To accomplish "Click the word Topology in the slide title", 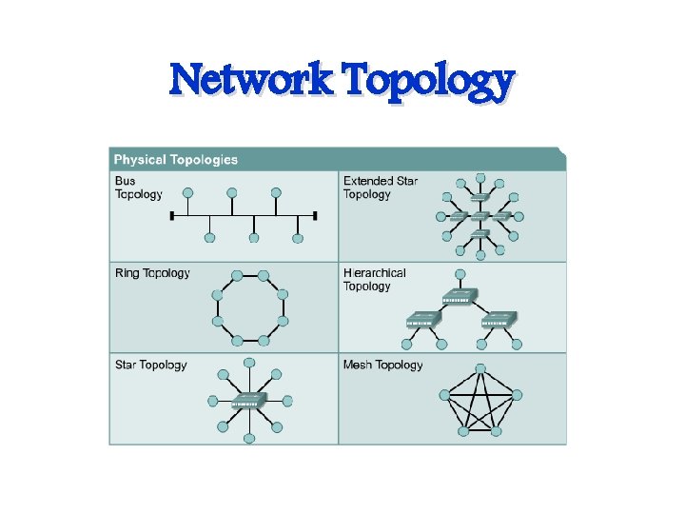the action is click(429, 82).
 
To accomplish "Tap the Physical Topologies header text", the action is click(176, 159).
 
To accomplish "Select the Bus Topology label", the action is click(139, 188).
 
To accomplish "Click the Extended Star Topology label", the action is click(380, 188).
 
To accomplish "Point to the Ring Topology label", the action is click(152, 273).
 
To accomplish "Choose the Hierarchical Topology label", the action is click(374, 279).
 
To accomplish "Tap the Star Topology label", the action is click(150, 365).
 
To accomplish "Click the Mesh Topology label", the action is click(382, 365).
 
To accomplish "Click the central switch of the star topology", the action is click(249, 400).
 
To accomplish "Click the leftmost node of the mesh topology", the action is click(444, 394).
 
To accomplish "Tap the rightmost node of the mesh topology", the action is click(518, 393).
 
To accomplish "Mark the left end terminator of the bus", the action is click(171, 216).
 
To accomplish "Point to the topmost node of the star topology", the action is click(249, 363).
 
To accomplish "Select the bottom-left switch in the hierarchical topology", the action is click(421, 320).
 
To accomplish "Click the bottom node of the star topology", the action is click(249, 439).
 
